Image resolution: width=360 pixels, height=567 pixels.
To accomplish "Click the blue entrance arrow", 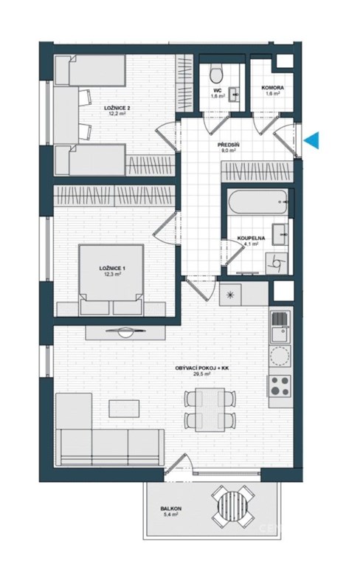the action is pyautogui.click(x=312, y=140).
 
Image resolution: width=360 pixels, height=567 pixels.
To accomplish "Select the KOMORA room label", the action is pyautogui.click(x=272, y=88).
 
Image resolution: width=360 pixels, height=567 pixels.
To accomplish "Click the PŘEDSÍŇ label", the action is pyautogui.click(x=229, y=145).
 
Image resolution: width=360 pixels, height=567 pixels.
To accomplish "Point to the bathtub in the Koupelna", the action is pyautogui.click(x=258, y=202).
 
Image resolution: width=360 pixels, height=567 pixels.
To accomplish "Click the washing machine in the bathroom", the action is pyautogui.click(x=277, y=263).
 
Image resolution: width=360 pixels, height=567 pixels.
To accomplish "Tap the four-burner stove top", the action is pyautogui.click(x=280, y=386).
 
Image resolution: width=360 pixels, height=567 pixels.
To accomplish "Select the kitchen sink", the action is pyautogui.click(x=280, y=334).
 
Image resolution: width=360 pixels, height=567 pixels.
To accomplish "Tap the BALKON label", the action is pyautogui.click(x=171, y=509).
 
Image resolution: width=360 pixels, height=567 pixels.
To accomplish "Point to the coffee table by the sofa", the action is pyautogui.click(x=125, y=408).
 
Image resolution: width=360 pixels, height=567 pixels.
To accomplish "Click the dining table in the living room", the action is pyautogui.click(x=210, y=410).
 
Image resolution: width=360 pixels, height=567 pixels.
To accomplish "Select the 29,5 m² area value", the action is pyautogui.click(x=202, y=374).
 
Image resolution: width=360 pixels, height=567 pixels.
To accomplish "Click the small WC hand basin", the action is pyautogui.click(x=235, y=94).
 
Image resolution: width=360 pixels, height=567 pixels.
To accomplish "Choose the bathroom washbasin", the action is pyautogui.click(x=280, y=234).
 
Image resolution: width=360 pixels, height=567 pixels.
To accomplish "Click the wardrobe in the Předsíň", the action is pyautogui.click(x=257, y=171).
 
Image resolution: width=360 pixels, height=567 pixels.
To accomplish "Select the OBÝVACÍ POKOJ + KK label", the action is pyautogui.click(x=202, y=368).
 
